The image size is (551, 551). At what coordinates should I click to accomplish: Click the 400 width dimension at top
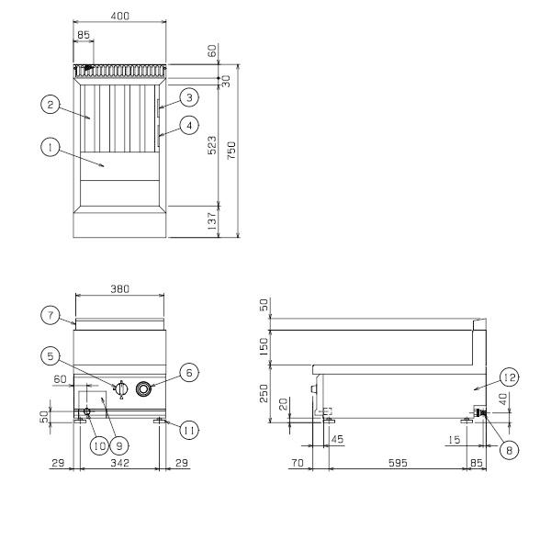[x=119, y=16]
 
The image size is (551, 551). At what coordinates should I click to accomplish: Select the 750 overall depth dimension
[x=231, y=151]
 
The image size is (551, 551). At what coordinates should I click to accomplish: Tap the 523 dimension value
[x=212, y=145]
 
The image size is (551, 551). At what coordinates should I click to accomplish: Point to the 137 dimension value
[x=212, y=221]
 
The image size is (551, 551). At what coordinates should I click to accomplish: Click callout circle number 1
[x=51, y=148]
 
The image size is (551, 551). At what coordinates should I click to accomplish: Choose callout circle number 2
[x=51, y=105]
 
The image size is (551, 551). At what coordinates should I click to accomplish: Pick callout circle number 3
[x=189, y=97]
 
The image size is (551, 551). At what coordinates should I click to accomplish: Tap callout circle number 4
[x=189, y=125]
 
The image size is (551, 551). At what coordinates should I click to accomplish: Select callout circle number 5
[x=51, y=356]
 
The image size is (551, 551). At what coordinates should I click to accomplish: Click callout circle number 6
[x=189, y=373]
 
